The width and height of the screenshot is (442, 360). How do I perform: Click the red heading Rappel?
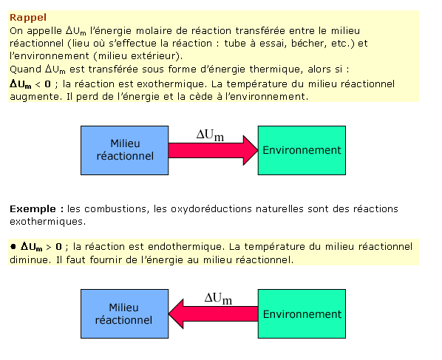28,18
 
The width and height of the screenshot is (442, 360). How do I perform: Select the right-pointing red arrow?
213,150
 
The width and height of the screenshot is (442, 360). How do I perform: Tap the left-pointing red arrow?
213,313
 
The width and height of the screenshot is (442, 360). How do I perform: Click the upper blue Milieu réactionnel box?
125,150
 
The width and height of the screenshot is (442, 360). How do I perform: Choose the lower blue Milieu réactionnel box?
125,313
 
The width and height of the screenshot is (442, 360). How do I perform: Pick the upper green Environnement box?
302,150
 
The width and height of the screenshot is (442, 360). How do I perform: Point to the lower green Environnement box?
302,313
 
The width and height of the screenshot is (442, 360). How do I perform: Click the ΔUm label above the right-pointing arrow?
211,135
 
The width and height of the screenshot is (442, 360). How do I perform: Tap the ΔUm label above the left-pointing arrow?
218,299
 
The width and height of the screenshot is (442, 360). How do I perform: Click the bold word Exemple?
33,209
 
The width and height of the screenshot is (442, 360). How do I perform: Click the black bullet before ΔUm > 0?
13,247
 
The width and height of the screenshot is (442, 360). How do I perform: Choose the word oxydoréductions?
211,209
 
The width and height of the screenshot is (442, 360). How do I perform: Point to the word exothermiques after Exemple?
47,222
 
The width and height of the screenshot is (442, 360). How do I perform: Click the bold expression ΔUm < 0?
30,84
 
